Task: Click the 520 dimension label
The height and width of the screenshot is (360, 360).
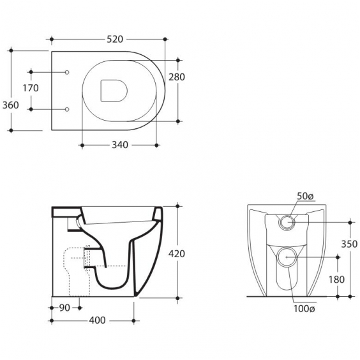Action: click(x=115, y=40)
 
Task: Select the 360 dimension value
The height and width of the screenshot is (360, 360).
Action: click(x=11, y=105)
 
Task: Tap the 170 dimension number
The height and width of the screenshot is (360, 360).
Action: click(x=31, y=88)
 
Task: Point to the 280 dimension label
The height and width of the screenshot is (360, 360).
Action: click(x=177, y=77)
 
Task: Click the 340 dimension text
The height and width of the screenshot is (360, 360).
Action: click(x=120, y=145)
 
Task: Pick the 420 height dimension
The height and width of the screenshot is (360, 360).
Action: click(x=177, y=254)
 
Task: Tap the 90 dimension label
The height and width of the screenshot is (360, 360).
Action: click(x=64, y=308)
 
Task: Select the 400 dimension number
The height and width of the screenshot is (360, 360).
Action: click(x=98, y=320)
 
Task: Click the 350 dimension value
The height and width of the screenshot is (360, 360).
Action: click(x=349, y=244)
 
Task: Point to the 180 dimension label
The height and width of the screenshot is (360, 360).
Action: click(x=336, y=280)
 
